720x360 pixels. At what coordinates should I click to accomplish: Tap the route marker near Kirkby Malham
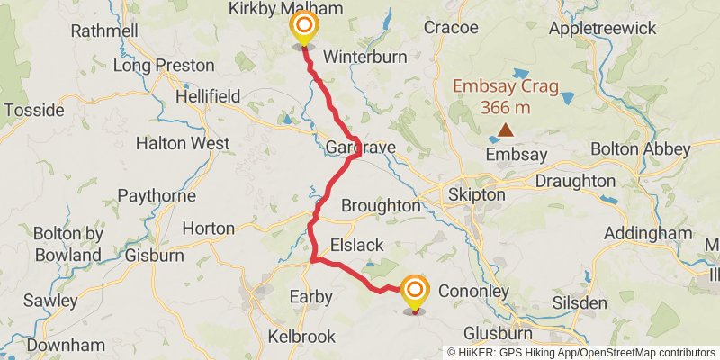[x=304, y=27]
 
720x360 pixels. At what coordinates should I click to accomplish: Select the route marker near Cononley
[x=415, y=292]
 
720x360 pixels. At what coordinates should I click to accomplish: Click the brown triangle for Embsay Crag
[x=506, y=130]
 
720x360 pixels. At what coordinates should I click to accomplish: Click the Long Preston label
[x=164, y=65]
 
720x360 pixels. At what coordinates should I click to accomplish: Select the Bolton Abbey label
[x=639, y=148]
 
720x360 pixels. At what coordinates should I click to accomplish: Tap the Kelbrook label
[x=301, y=337]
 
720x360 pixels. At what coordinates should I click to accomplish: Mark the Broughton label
[x=381, y=205]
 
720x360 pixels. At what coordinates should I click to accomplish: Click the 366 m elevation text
[x=505, y=108]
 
